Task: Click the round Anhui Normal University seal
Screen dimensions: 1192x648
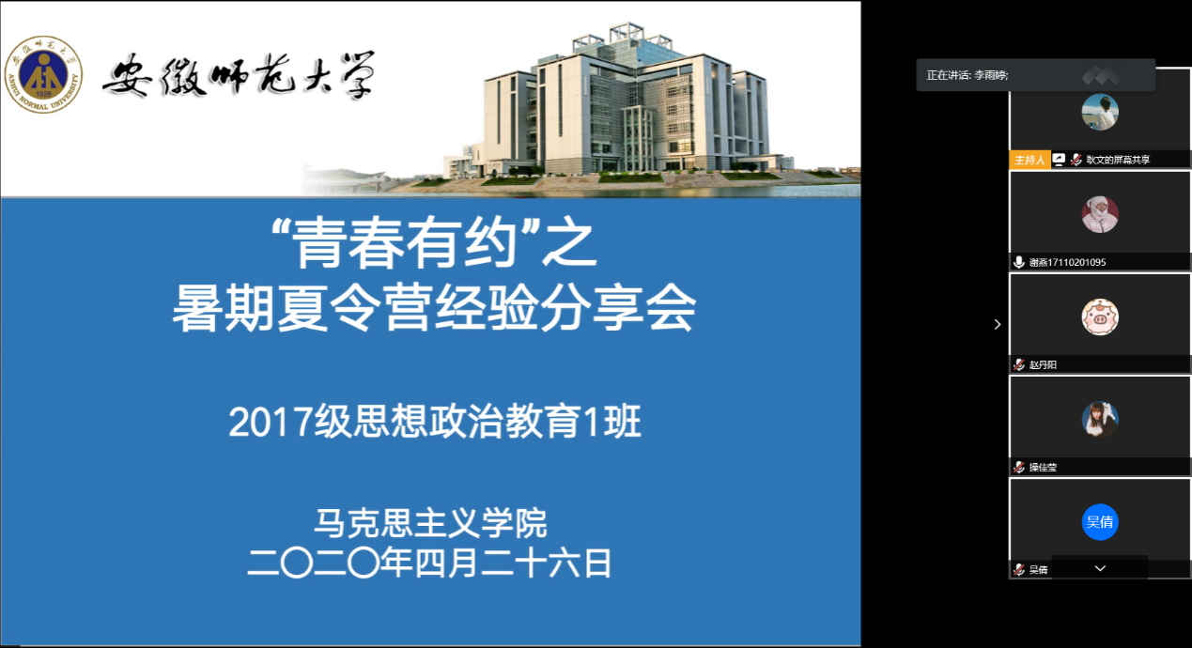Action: pyautogui.click(x=43, y=74)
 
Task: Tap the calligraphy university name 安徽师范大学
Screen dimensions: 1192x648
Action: pyautogui.click(x=239, y=75)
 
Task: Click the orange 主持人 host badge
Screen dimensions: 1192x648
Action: pyautogui.click(x=1029, y=160)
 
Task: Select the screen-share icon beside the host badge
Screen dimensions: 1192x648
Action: pyautogui.click(x=1059, y=160)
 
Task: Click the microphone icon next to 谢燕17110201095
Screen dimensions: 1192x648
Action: pyautogui.click(x=1018, y=262)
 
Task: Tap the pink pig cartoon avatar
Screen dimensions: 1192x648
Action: pyautogui.click(x=1100, y=317)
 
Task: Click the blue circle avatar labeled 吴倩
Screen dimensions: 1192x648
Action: pyautogui.click(x=1100, y=522)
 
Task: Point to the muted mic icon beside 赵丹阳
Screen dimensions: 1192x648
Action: pyautogui.click(x=1018, y=364)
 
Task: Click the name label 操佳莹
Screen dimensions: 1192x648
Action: pyautogui.click(x=1043, y=467)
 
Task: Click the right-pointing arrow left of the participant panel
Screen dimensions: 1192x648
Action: pyautogui.click(x=998, y=324)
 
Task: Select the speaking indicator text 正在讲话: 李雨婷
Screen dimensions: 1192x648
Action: pyautogui.click(x=968, y=75)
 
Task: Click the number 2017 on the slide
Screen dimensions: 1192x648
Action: pyautogui.click(x=271, y=422)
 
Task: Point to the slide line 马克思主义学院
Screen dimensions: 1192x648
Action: pyautogui.click(x=430, y=523)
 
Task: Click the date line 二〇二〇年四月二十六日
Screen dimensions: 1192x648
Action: pyautogui.click(x=429, y=563)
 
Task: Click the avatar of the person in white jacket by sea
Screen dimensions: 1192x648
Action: pyautogui.click(x=1100, y=112)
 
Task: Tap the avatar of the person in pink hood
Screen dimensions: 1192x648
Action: pyautogui.click(x=1100, y=214)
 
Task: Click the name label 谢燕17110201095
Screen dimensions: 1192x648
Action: pyautogui.click(x=1067, y=262)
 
